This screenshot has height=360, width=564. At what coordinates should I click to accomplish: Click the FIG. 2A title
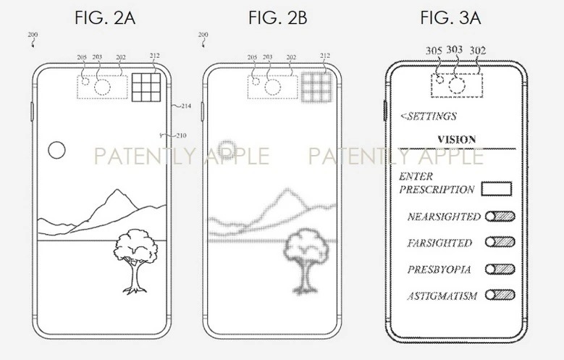pyautogui.click(x=105, y=17)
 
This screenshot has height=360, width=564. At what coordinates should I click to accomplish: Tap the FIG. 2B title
pyautogui.click(x=278, y=17)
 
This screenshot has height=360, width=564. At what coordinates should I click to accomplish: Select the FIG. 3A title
pyautogui.click(x=450, y=17)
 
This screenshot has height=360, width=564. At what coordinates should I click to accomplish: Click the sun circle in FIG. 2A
pyautogui.click(x=56, y=150)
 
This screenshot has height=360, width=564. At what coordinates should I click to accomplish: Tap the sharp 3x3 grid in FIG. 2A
pyautogui.click(x=146, y=88)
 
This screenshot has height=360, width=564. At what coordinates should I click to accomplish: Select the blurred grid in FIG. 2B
pyautogui.click(x=316, y=88)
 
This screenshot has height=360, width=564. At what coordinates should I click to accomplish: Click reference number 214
pyautogui.click(x=186, y=106)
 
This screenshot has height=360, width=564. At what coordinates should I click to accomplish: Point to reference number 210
pyautogui.click(x=181, y=135)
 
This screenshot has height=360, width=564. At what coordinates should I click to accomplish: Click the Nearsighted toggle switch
pyautogui.click(x=500, y=216)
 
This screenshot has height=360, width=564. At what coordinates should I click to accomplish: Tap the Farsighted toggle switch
pyautogui.click(x=500, y=242)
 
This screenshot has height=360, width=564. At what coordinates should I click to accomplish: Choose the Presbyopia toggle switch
pyautogui.click(x=500, y=269)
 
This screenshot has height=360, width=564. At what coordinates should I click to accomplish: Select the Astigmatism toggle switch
pyautogui.click(x=500, y=295)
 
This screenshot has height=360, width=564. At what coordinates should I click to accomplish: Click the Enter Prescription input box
pyautogui.click(x=497, y=188)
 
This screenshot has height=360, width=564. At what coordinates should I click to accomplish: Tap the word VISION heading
pyautogui.click(x=456, y=139)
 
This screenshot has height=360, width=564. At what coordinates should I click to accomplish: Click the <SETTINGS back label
pyautogui.click(x=429, y=116)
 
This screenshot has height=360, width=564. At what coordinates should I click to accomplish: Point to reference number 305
pyautogui.click(x=434, y=51)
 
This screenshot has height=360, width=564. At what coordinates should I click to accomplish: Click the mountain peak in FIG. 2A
pyautogui.click(x=117, y=190)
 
